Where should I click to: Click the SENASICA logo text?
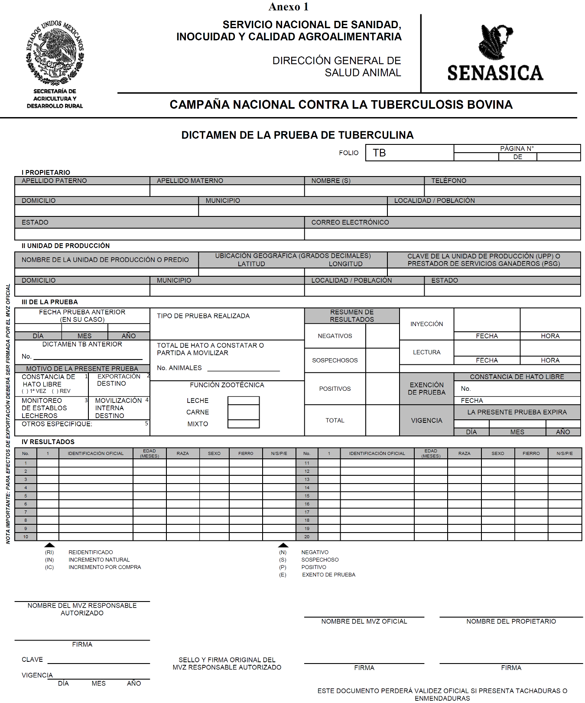pyautogui.click(x=495, y=73)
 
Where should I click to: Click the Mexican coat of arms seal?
pyautogui.click(x=55, y=52)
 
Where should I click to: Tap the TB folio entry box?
pyautogui.click(x=409, y=153)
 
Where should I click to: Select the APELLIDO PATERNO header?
pyautogui.click(x=54, y=181)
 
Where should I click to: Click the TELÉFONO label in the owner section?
pyautogui.click(x=448, y=181)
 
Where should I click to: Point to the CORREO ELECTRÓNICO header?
pyautogui.click(x=350, y=222)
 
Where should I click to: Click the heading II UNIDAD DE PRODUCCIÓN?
pyautogui.click(x=65, y=246)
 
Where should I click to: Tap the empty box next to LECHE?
pyautogui.click(x=244, y=401)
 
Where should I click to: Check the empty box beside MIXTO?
pyautogui.click(x=244, y=424)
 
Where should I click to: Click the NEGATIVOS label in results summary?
pyautogui.click(x=335, y=336)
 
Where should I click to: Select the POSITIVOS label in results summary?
pyautogui.click(x=335, y=389)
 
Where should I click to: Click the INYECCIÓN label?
pyautogui.click(x=427, y=324)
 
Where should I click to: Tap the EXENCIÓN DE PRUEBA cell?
pyautogui.click(x=426, y=389)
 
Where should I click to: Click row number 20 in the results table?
pyautogui.click(x=307, y=537)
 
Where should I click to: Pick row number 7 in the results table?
pyautogui.click(x=26, y=512)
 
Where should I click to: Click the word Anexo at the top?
pyautogui.click(x=284, y=7)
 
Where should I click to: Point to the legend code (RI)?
pyautogui.click(x=49, y=553)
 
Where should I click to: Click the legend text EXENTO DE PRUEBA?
pyautogui.click(x=328, y=575)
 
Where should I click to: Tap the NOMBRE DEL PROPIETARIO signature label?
pyautogui.click(x=511, y=621)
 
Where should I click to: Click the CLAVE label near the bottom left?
pyautogui.click(x=32, y=660)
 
